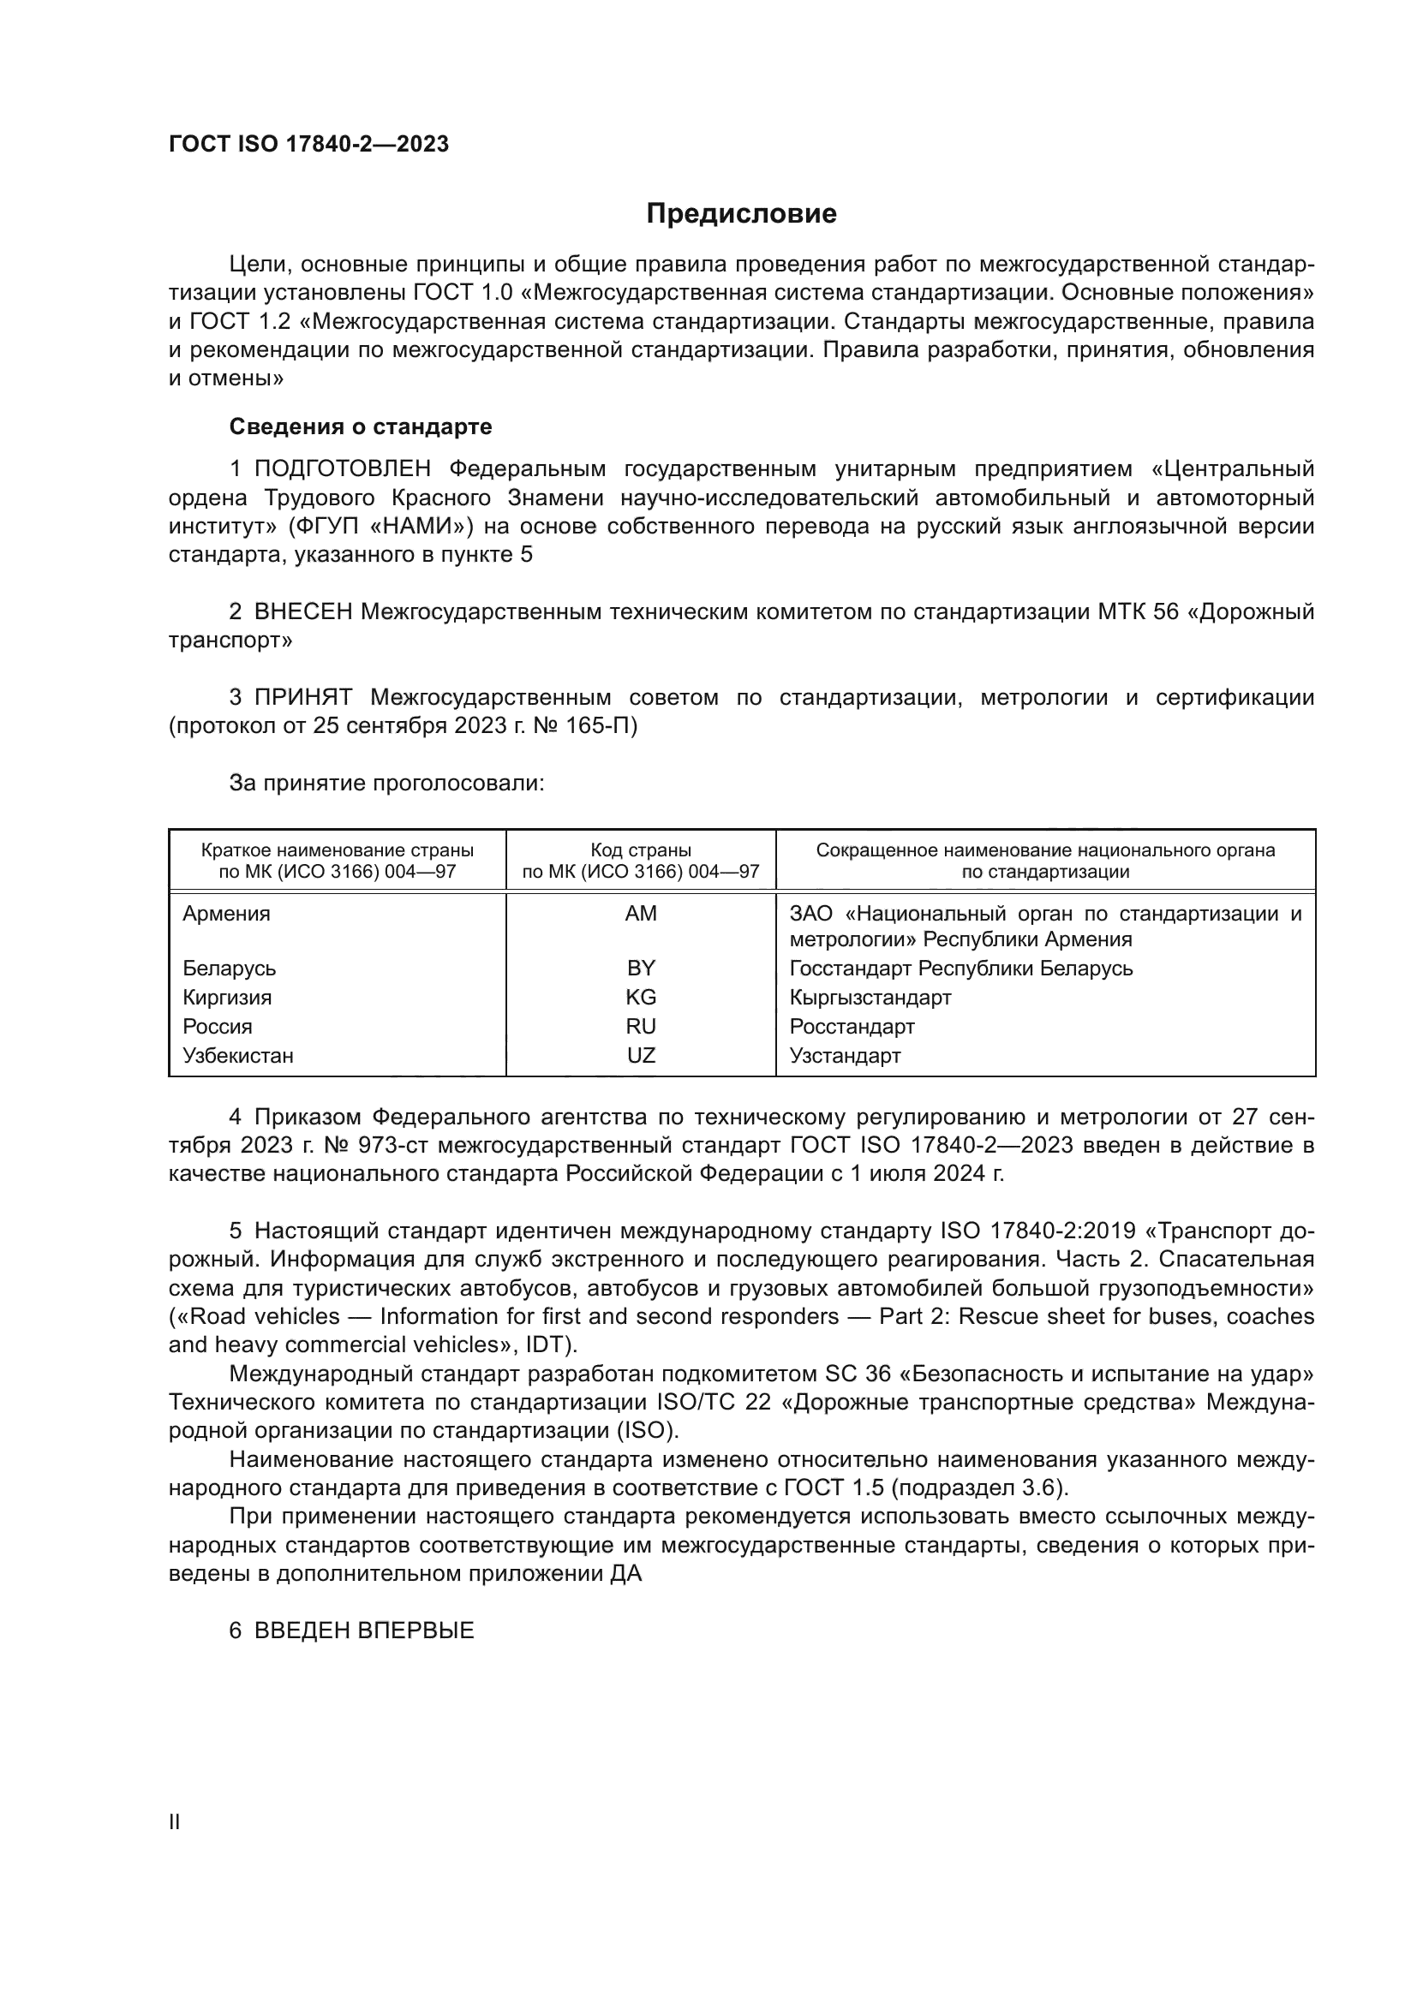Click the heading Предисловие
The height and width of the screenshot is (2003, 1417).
(x=741, y=214)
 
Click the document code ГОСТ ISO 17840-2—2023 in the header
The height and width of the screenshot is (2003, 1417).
(x=309, y=144)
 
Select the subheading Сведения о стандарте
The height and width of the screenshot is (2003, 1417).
(x=361, y=426)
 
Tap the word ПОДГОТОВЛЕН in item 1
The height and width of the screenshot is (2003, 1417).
(x=342, y=469)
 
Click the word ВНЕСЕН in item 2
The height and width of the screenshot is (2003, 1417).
(x=302, y=612)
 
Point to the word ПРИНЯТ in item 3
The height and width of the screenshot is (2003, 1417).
(x=302, y=698)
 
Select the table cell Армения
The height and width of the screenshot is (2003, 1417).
(x=227, y=914)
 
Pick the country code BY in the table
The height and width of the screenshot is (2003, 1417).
(x=641, y=969)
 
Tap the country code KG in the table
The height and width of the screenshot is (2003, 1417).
(x=641, y=997)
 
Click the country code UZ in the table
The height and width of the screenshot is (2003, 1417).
(x=641, y=1056)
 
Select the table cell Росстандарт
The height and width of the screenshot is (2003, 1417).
(x=852, y=1026)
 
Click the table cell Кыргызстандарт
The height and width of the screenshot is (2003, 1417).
(x=870, y=997)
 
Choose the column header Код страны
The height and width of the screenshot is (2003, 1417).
(x=641, y=850)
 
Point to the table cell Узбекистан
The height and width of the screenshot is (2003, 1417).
(x=238, y=1056)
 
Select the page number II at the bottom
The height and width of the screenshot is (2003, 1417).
(x=175, y=1821)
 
